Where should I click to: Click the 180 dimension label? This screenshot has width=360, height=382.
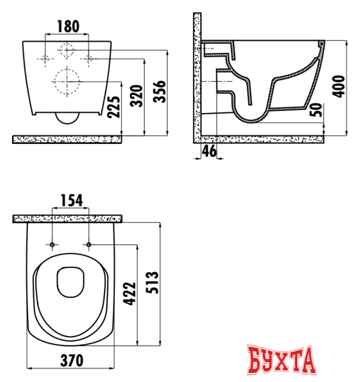pyautogui.click(x=68, y=26)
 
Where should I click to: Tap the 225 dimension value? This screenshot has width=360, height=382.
pyautogui.click(x=114, y=107)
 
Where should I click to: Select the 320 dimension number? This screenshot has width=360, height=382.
pyautogui.click(x=136, y=96)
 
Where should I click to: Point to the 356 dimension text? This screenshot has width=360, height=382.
pyautogui.click(x=159, y=91)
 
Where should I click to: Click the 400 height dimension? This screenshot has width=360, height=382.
pyautogui.click(x=339, y=87)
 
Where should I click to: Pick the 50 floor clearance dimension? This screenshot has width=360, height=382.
pyautogui.click(x=316, y=110)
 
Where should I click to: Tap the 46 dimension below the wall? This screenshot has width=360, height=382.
pyautogui.click(x=210, y=151)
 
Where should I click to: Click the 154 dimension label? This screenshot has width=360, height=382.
pyautogui.click(x=72, y=201)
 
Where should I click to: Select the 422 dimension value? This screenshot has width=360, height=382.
pyautogui.click(x=129, y=294)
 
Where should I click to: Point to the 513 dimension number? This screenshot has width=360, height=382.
pyautogui.click(x=152, y=282)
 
